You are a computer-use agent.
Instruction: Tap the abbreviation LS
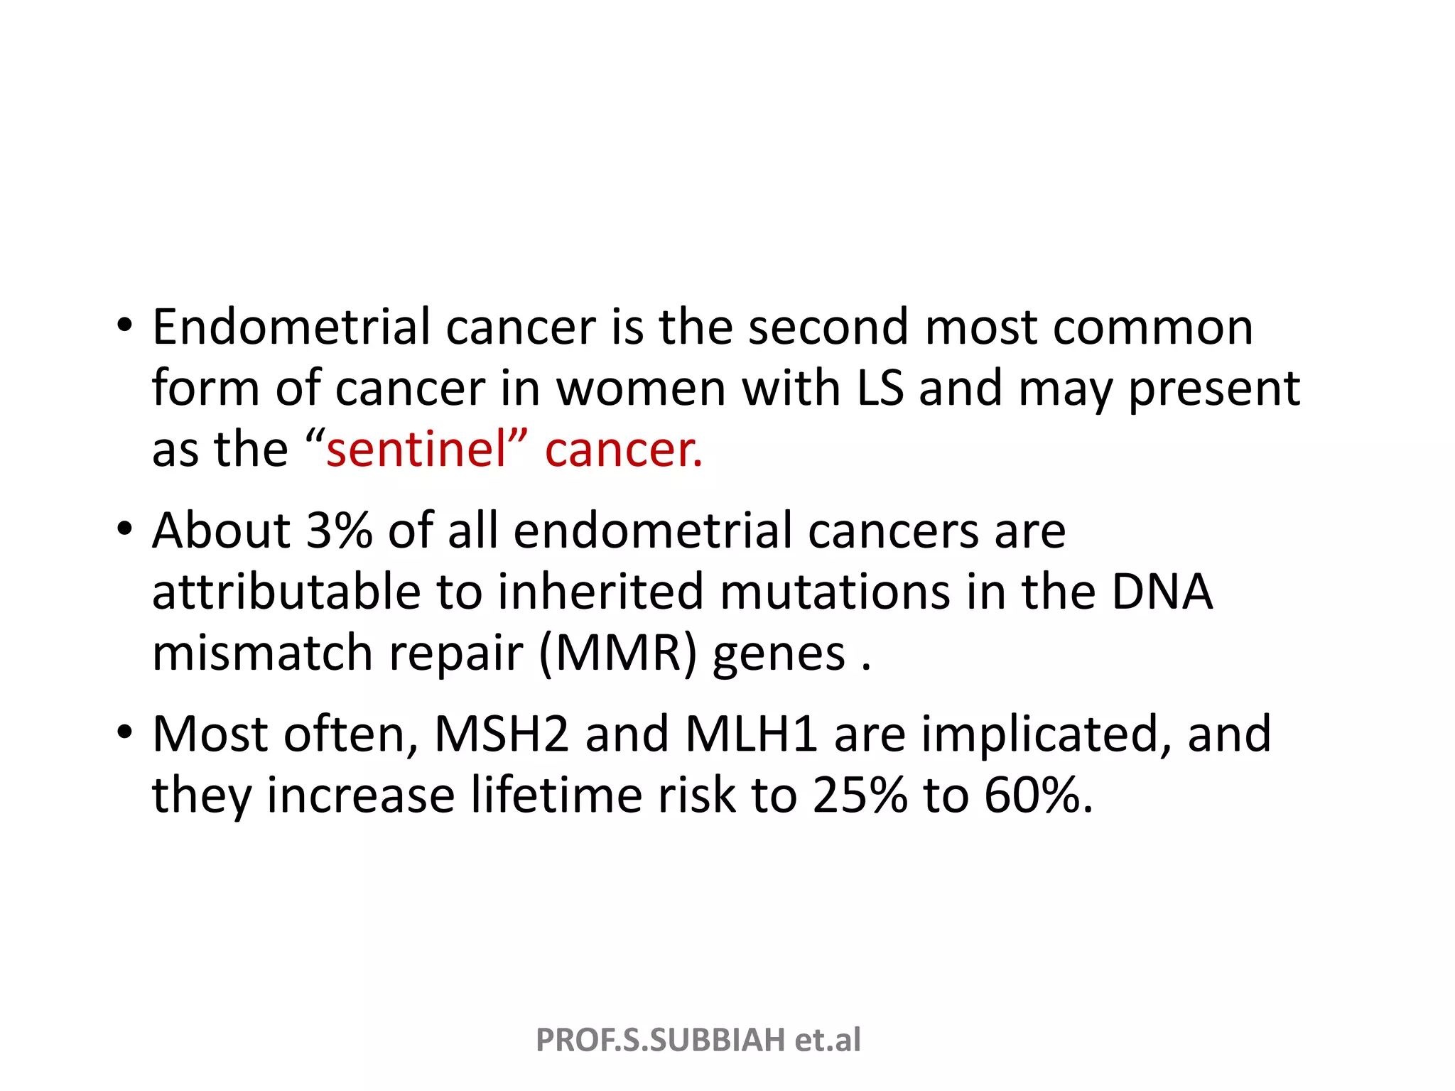(880, 389)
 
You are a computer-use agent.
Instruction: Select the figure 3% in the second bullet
(339, 531)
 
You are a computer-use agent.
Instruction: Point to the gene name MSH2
(501, 734)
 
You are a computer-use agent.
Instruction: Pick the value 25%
(860, 795)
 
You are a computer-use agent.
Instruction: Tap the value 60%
(1037, 795)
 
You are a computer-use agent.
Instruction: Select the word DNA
(1162, 592)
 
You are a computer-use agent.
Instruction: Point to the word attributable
(286, 592)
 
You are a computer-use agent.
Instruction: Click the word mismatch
(262, 653)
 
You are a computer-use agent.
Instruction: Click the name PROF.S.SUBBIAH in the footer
(660, 1040)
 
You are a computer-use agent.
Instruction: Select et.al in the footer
(828, 1040)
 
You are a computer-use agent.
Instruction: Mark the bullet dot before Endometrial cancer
(125, 326)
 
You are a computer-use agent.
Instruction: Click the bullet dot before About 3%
(125, 529)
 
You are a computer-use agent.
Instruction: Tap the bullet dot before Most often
(125, 732)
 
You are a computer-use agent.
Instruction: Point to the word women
(641, 389)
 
